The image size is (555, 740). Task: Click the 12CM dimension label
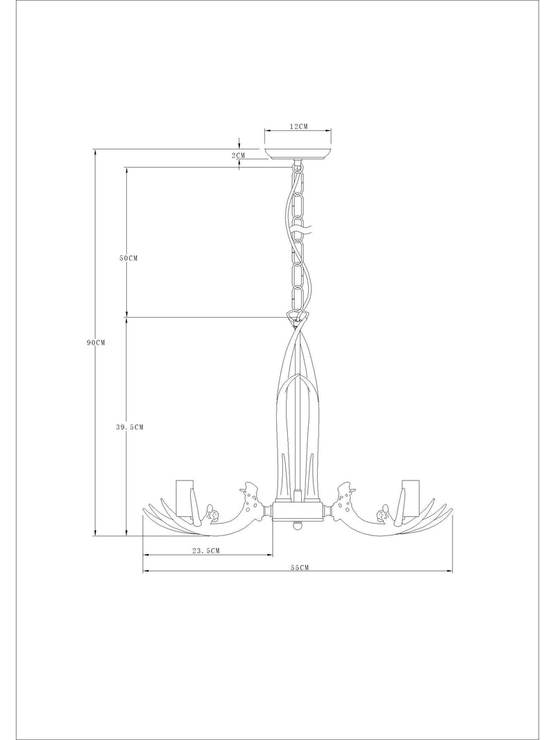point(298,126)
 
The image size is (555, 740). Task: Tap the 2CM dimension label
point(239,155)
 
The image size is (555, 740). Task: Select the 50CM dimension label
point(128,258)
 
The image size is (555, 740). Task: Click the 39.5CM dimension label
point(130,427)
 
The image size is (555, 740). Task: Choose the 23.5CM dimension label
point(206,550)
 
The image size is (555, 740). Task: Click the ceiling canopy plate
point(298,155)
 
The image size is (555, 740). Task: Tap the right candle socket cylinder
point(411,499)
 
